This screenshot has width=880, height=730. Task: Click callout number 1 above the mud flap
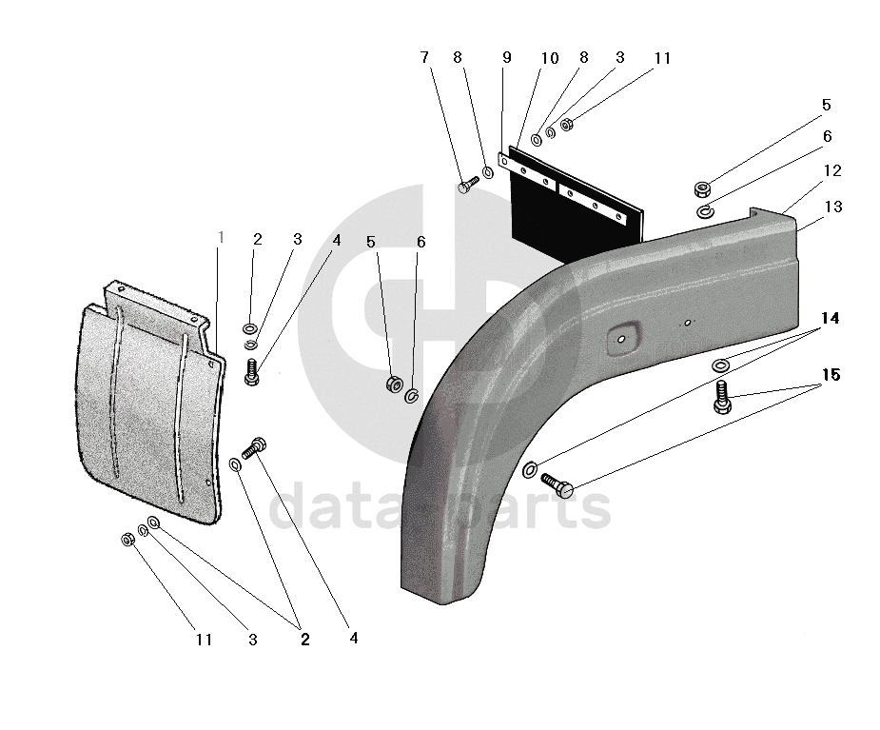tap(221, 238)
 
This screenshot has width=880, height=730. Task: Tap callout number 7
tap(424, 57)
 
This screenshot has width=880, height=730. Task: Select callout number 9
tap(507, 57)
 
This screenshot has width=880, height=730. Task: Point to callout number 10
tap(550, 58)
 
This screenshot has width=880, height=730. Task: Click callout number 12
tap(832, 170)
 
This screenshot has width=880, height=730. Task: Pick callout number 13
tap(833, 207)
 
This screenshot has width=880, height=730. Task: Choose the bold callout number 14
tap(830, 319)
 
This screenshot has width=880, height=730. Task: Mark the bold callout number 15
tap(831, 375)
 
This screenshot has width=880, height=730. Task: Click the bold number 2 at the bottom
tap(304, 639)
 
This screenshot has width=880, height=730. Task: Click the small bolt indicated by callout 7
tap(467, 185)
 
